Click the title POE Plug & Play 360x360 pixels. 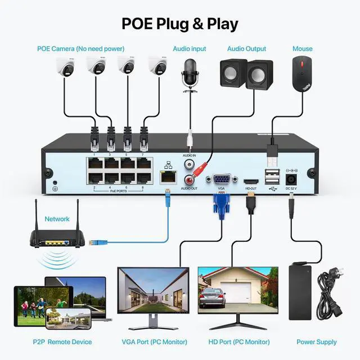tap(180, 24)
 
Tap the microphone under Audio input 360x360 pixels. tap(190, 74)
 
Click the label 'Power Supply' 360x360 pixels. tap(317, 342)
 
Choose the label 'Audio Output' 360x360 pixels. tap(246, 49)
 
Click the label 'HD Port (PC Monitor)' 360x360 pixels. tap(238, 342)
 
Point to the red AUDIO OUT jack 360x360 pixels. tap(190, 179)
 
